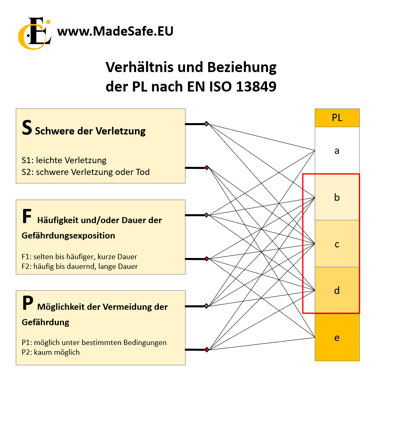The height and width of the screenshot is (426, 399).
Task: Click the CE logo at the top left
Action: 34,34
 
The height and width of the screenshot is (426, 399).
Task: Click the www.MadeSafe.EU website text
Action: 115,31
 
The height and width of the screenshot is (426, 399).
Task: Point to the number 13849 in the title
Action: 256,87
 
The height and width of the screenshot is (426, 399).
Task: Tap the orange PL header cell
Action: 337,118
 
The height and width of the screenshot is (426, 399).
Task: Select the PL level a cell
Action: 337,151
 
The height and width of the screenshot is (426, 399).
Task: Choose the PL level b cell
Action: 337,197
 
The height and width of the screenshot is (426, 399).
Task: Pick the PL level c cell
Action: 337,244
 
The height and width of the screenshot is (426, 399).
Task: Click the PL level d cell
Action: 337,290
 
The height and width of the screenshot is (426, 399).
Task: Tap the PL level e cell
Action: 337,337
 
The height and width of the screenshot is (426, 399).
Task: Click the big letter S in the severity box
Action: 27,128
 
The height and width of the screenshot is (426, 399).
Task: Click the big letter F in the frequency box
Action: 27,216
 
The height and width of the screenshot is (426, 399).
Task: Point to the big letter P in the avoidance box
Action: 28,303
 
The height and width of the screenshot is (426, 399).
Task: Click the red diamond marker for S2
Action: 207,168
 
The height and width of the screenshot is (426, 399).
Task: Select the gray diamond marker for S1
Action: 207,124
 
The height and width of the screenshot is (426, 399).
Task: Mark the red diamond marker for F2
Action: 207,259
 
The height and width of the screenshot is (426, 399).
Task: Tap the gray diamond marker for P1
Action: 207,306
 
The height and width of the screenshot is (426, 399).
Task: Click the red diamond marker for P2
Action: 207,349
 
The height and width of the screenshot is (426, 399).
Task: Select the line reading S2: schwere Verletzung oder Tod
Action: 85,172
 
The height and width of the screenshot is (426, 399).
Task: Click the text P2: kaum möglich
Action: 51,352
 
